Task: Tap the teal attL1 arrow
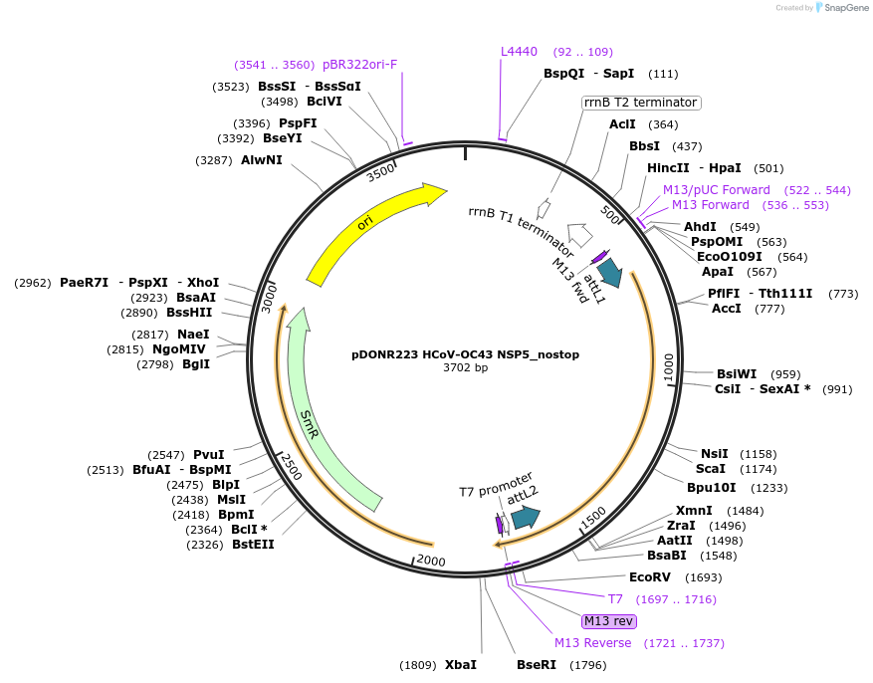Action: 610,274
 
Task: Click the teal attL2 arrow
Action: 525,517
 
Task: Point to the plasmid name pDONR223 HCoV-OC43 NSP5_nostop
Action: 465,354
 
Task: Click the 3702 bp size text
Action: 465,368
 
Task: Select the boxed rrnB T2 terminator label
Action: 641,103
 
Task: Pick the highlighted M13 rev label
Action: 608,621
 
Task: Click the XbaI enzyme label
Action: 460,664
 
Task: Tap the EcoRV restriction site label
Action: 649,577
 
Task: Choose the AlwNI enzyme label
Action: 262,159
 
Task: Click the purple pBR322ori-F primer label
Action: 359,65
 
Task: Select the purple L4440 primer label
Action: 519,52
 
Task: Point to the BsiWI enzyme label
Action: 737,374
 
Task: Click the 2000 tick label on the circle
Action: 431,561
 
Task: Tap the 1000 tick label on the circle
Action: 668,367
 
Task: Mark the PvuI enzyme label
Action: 209,455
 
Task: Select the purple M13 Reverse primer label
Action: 592,643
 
